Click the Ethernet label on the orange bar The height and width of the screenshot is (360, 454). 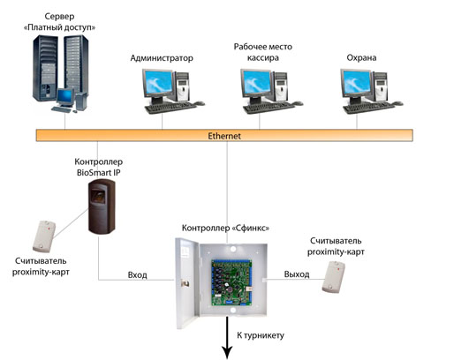(x=224, y=136)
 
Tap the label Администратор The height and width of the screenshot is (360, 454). (x=162, y=58)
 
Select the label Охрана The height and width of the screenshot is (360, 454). (x=361, y=57)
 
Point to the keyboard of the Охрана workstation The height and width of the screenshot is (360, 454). (x=368, y=108)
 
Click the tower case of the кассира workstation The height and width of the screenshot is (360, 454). (x=281, y=86)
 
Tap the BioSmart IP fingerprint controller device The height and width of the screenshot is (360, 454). (x=102, y=206)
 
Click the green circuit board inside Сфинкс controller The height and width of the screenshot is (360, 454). (x=232, y=281)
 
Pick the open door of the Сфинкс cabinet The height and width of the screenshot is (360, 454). (x=187, y=283)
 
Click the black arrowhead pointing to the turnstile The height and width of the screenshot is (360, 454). (x=227, y=352)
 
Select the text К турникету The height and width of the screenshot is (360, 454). (x=261, y=335)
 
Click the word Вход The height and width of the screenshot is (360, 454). (x=137, y=275)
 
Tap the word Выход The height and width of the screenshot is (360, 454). (x=297, y=274)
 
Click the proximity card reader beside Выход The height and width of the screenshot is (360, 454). (x=333, y=277)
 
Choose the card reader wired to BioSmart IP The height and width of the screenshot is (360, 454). (x=44, y=236)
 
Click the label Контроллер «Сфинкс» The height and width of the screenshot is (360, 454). (x=225, y=228)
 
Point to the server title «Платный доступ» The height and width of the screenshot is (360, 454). (x=59, y=27)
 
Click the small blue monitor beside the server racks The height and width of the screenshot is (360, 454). (x=64, y=97)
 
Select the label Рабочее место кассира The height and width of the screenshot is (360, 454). (x=262, y=52)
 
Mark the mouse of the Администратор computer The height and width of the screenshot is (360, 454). (x=200, y=103)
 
